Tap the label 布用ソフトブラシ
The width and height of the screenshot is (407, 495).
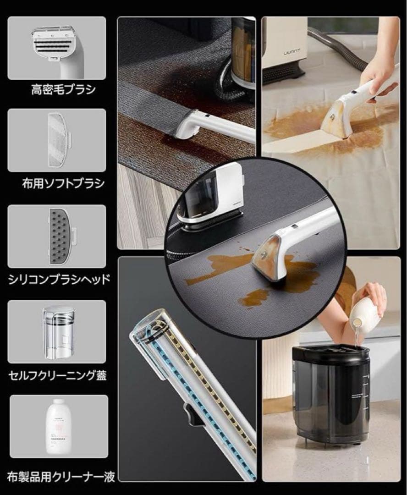click(x=57, y=184)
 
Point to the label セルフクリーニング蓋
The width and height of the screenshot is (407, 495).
click(x=58, y=376)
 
